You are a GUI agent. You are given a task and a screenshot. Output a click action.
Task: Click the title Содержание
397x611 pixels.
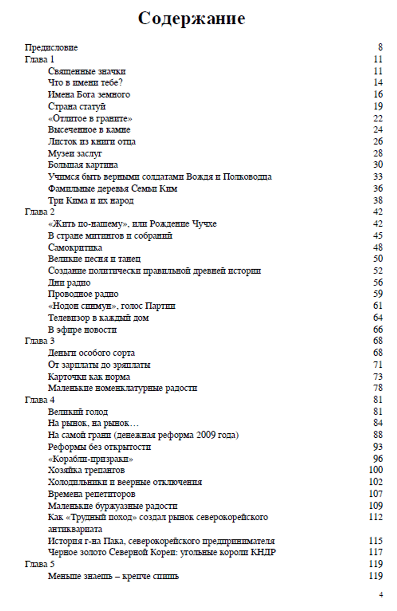[x=192, y=19]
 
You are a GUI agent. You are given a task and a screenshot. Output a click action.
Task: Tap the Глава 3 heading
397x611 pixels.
[x=39, y=341]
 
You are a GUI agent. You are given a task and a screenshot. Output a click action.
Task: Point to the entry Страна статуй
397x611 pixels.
[x=77, y=107]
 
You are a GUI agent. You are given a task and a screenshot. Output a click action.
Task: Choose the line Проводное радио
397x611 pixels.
[x=83, y=294]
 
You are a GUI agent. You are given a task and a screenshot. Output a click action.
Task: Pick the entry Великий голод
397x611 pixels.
[x=78, y=412]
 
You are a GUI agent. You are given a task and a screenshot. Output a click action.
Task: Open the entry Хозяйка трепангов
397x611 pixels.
[x=86, y=471]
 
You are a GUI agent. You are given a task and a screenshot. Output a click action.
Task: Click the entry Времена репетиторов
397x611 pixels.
[x=92, y=494]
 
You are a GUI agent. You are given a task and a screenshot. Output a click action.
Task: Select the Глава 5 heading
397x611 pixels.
[x=39, y=565]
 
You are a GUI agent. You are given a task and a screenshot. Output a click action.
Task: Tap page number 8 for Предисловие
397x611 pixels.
[x=380, y=48]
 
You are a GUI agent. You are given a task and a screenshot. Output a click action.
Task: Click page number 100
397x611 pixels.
[x=376, y=471]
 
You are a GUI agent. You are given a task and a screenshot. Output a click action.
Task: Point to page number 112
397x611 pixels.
[x=376, y=518]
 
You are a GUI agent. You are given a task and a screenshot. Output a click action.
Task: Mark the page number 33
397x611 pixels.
[x=378, y=177]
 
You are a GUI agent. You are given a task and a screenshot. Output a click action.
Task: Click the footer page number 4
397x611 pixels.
[x=381, y=594]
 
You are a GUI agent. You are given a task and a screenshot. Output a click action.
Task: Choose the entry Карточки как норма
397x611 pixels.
[x=89, y=377]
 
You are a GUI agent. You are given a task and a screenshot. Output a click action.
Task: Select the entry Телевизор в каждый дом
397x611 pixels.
[x=98, y=318]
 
